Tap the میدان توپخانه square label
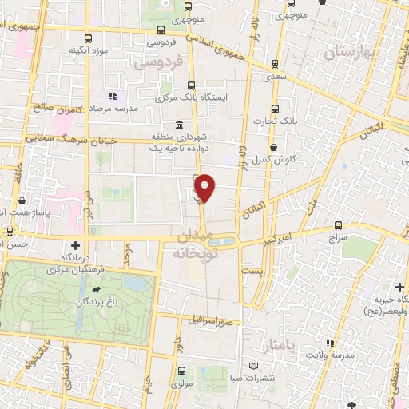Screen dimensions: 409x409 [x=192, y=244]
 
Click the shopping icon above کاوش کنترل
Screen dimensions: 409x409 [x=275, y=148]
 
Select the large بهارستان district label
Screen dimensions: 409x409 [x=350, y=53]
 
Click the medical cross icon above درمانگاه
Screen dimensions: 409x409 [x=75, y=245]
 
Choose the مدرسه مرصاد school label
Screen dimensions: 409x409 [x=115, y=108]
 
